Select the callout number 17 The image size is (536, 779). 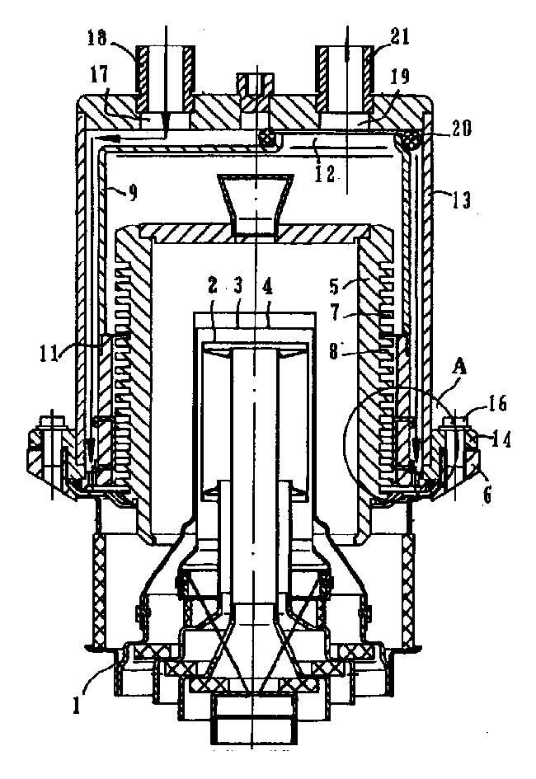click(x=99, y=75)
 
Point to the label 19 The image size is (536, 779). click(x=401, y=77)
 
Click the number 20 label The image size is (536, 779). click(x=463, y=129)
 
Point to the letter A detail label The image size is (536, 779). click(x=461, y=368)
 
